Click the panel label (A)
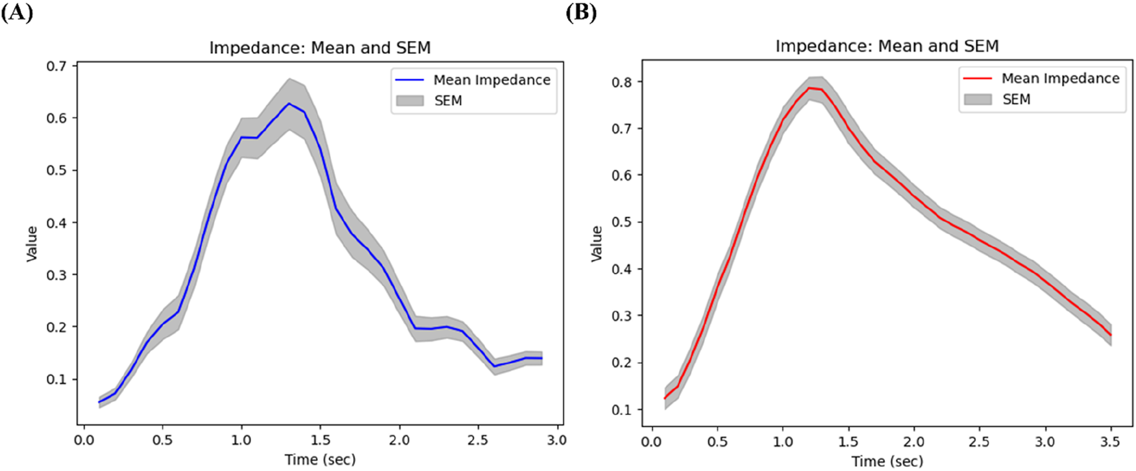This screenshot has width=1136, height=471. [x=18, y=13]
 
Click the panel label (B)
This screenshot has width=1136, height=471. [x=581, y=13]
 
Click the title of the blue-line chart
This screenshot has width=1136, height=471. [x=319, y=48]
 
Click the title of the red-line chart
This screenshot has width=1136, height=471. [x=887, y=46]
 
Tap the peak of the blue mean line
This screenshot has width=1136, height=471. [x=289, y=103]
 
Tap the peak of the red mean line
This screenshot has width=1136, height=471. [x=809, y=88]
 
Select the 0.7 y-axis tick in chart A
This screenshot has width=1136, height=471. [x=56, y=66]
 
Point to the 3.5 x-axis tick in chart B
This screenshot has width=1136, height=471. [x=1111, y=442]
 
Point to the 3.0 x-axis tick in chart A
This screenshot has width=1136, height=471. [x=556, y=440]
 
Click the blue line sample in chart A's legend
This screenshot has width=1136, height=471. [x=410, y=80]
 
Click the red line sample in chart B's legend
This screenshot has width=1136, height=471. [x=978, y=79]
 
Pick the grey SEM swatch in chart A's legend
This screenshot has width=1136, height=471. [x=410, y=101]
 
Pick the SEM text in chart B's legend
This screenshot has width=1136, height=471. [x=1016, y=99]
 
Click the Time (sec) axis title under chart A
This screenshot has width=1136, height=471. [x=320, y=459]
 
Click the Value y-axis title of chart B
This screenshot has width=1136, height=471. [x=596, y=244]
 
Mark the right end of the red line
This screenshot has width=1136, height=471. [x=1111, y=335]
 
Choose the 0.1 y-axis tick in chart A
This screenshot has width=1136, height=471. [x=56, y=379]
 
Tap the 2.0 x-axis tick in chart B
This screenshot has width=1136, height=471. [x=914, y=442]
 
